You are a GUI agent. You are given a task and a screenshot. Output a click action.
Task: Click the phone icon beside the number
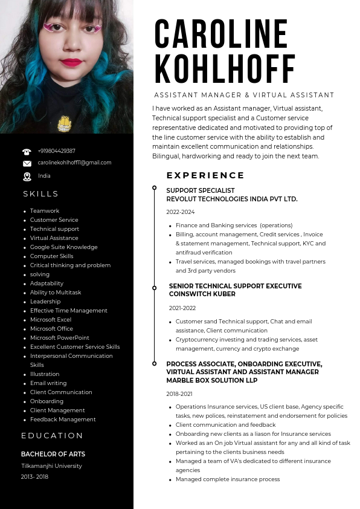click(27, 152)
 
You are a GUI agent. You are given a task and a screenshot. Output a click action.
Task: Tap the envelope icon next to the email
click(27, 163)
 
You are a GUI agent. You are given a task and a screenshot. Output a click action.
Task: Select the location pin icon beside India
click(27, 177)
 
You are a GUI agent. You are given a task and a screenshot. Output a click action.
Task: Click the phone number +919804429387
click(56, 151)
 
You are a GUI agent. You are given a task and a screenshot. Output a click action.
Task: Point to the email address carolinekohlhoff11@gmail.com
click(74, 163)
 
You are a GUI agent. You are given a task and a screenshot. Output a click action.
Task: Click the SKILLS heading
click(41, 194)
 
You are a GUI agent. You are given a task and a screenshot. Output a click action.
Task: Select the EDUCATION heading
click(52, 436)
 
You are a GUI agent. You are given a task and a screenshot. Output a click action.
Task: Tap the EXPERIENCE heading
click(205, 176)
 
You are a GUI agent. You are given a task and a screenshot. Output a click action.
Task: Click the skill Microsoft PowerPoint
click(59, 338)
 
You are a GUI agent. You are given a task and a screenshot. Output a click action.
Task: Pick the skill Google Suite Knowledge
click(63, 247)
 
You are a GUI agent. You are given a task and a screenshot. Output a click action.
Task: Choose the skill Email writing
click(48, 383)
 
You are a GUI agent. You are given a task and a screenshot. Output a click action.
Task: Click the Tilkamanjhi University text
click(51, 466)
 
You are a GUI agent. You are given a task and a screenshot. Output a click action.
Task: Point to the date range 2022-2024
click(181, 212)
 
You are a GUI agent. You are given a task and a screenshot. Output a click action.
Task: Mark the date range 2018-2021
click(180, 394)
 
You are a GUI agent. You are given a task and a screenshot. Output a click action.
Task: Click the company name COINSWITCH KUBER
click(202, 294)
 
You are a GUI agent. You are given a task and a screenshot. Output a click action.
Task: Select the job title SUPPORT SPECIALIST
click(200, 190)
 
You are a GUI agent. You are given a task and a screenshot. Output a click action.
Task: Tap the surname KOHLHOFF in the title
click(225, 68)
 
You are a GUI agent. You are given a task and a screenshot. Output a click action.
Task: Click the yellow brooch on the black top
click(65, 124)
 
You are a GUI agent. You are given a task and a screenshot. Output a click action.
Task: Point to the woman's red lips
click(71, 62)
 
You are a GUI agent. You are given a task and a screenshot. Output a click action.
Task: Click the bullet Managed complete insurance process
click(228, 479)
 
